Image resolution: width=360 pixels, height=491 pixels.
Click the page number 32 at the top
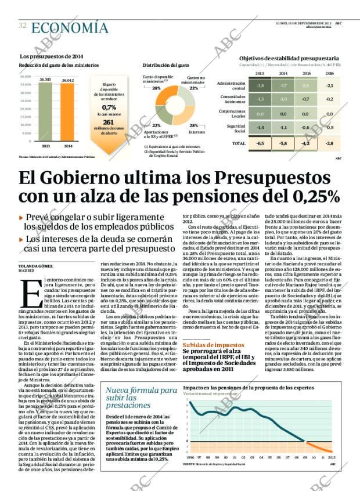pos(22,26)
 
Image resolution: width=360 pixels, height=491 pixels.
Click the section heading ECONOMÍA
pos(70,27)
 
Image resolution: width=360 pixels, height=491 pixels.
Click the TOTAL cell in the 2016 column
pos(329,143)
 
